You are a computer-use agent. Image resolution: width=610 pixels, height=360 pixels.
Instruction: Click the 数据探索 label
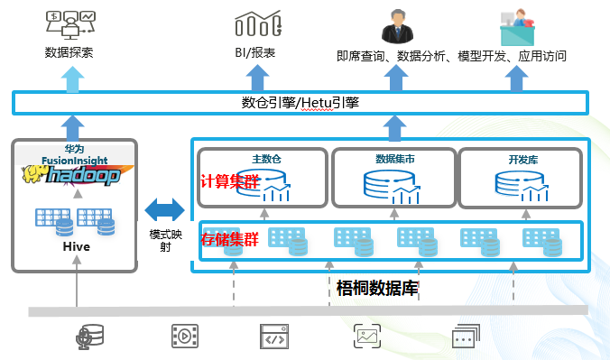[69, 53]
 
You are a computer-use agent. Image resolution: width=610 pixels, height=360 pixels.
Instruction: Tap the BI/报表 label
[255, 53]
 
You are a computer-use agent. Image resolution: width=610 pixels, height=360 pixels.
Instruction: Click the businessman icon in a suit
[393, 25]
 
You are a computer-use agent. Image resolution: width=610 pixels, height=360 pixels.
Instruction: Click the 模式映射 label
[164, 240]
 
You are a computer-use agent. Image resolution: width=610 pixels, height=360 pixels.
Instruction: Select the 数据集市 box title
[394, 159]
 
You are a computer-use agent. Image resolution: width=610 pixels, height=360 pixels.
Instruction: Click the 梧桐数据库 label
[374, 289]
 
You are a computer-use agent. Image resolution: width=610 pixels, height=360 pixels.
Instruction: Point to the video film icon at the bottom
[185, 337]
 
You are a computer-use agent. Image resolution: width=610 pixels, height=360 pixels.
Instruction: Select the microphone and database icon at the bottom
[90, 337]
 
